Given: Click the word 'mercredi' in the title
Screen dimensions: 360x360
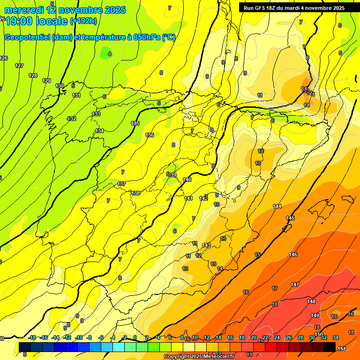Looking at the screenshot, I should [x=24, y=10].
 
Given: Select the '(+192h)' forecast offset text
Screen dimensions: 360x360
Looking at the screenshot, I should [x=83, y=21].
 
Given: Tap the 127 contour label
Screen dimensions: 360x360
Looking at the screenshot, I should [x=19, y=66].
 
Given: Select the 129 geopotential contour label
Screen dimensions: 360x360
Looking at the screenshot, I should [x=46, y=81].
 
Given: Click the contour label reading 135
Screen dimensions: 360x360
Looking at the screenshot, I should [x=135, y=123].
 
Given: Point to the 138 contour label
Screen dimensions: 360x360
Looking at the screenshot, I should [x=135, y=193].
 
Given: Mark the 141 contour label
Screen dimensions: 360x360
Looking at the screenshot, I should [x=188, y=198].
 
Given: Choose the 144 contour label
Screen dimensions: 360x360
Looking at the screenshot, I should [x=277, y=207].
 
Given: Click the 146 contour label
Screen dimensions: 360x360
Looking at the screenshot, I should [x=293, y=255].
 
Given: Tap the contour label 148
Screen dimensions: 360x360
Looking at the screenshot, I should [x=311, y=301].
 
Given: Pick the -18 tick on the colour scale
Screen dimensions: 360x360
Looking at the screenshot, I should [x=32, y=338].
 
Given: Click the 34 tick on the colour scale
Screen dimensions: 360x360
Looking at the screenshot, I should [x=335, y=338].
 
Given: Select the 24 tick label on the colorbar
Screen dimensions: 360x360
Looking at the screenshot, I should [x=277, y=338].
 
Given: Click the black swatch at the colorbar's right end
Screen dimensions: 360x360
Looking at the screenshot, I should [x=330, y=347].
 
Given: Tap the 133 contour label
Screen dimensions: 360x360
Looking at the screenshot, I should [x=96, y=114].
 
